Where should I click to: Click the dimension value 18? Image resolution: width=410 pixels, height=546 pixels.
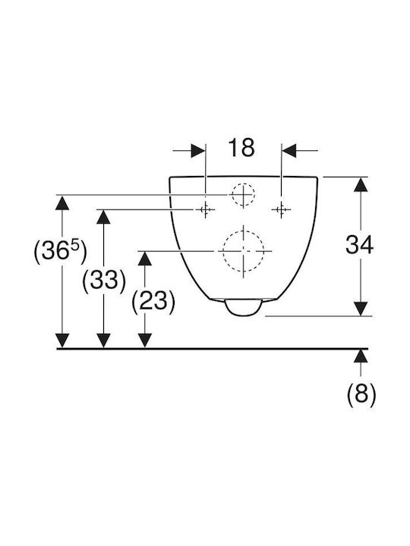[241, 147]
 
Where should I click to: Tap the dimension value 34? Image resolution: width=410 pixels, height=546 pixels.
[359, 244]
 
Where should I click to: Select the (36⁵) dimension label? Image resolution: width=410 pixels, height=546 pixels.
[60, 252]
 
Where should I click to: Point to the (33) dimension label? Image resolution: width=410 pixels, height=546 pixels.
[103, 281]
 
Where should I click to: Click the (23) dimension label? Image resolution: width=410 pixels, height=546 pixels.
[153, 301]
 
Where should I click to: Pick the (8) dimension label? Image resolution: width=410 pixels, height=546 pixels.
[361, 395]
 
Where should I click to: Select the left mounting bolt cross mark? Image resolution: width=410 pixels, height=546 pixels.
[205, 209]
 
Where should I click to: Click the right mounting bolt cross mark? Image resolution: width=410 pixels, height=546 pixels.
[281, 209]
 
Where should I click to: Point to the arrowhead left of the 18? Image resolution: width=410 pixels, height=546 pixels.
[198, 151]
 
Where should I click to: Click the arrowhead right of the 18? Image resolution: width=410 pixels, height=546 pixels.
[289, 151]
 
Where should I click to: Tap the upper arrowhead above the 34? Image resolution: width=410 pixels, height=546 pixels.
[361, 184]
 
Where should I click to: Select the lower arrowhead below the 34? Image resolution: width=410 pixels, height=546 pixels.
[361, 309]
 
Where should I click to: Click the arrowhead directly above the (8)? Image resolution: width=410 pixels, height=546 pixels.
[361, 356]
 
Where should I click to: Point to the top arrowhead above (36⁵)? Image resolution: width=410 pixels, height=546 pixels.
[62, 202]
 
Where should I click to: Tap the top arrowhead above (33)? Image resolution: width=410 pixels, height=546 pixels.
[103, 217]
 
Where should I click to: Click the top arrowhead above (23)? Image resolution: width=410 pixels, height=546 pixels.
[145, 258]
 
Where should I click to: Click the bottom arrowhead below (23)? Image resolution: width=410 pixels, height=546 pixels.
[145, 340]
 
